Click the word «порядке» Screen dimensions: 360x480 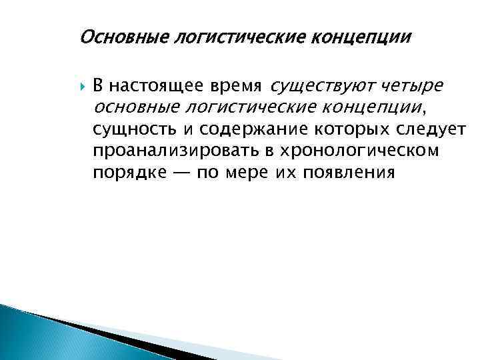[x=126, y=173]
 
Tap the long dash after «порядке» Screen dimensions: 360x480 [x=179, y=173]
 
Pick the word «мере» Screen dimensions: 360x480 [x=237, y=173]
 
